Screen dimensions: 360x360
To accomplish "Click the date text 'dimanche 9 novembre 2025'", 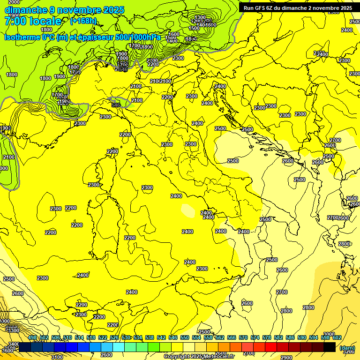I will (64, 10).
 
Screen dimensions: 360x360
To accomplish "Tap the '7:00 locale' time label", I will (33, 21).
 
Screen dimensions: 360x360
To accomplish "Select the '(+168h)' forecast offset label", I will (83, 21).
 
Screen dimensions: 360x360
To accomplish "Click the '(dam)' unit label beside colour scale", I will (347, 347).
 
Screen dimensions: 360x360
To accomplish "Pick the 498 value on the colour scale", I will (32, 337).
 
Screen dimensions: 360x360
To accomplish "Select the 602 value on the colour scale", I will (337, 337).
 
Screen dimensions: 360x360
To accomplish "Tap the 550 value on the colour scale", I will (184, 337).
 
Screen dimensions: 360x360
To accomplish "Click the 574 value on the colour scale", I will (255, 337).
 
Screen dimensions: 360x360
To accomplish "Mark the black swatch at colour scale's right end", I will (330, 347).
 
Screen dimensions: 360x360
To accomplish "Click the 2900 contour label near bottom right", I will (286, 358).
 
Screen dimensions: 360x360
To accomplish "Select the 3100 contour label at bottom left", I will (57, 357).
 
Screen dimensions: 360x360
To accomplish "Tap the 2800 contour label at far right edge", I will (344, 244).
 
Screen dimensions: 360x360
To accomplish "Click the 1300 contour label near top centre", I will (200, 17).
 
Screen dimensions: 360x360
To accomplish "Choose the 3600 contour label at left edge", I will (7, 351).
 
